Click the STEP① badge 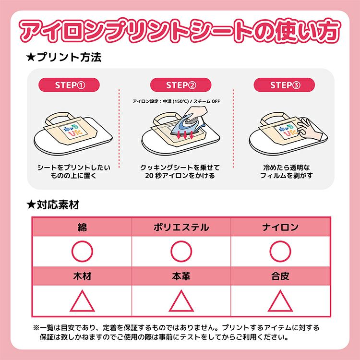click(69, 85)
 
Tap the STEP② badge click(180, 85)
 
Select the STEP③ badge click(284, 85)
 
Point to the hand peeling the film click(309, 130)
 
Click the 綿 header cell click(82, 227)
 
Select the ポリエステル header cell click(181, 227)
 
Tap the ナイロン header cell click(280, 227)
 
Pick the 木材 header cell click(82, 276)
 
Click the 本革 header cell click(181, 276)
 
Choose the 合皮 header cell click(280, 276)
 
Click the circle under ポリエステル click(181, 241)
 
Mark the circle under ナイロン click(280, 241)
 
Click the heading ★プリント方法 click(64, 57)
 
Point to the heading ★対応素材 click(53, 204)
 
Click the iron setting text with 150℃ click(176, 101)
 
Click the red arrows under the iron click(185, 135)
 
